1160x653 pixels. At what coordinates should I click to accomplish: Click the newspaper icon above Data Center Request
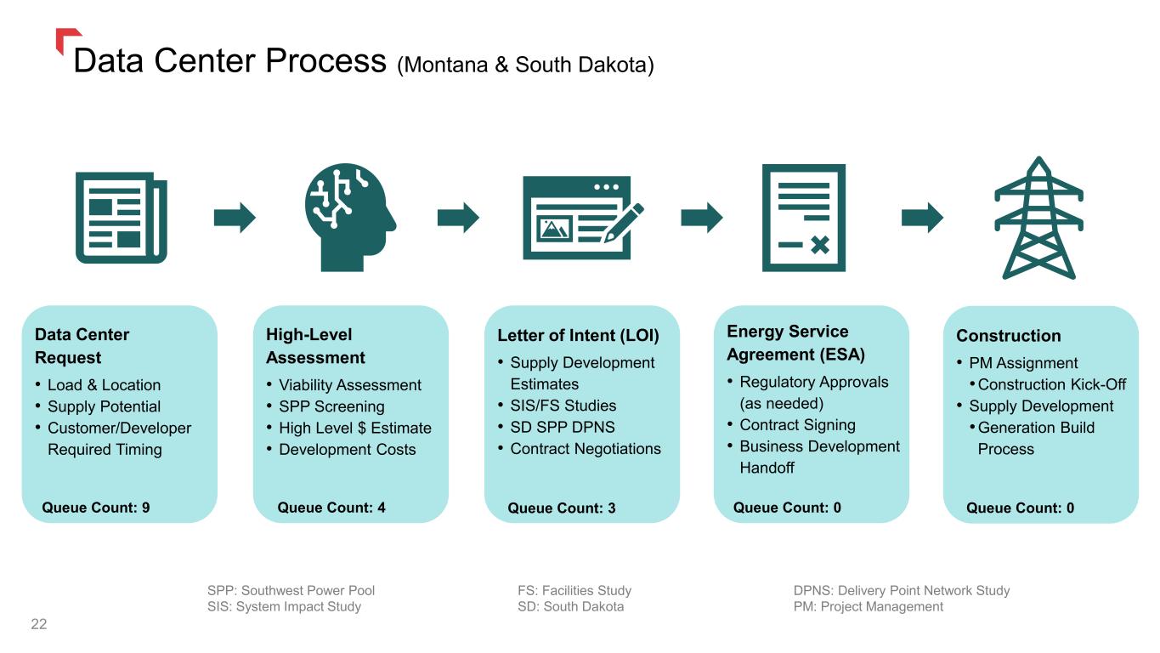click(122, 218)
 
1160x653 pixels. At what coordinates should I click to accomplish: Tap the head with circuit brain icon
click(351, 218)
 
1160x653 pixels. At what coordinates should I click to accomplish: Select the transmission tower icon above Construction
click(1038, 218)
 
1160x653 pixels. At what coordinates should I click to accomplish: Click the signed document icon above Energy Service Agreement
click(804, 218)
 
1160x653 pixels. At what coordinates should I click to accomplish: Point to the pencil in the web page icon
click(624, 223)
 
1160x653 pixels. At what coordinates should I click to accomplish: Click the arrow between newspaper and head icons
click(235, 217)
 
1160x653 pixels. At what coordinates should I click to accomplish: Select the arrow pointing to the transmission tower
click(922, 217)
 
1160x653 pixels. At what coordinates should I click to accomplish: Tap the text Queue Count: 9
click(96, 508)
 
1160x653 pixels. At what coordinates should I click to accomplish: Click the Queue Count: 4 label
click(331, 508)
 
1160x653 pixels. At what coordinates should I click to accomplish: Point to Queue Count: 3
click(562, 508)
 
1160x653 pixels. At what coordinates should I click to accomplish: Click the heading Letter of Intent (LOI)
click(578, 335)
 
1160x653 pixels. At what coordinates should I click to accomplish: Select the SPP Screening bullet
click(331, 406)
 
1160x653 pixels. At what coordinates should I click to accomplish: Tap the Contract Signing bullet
click(797, 425)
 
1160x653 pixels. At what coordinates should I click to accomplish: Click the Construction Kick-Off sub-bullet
click(1052, 384)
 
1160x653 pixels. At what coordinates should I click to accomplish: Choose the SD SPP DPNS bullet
click(563, 427)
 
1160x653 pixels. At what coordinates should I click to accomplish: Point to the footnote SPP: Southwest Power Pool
click(291, 590)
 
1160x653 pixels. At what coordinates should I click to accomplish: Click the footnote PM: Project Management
click(869, 606)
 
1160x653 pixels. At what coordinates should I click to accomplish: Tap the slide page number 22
click(39, 624)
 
